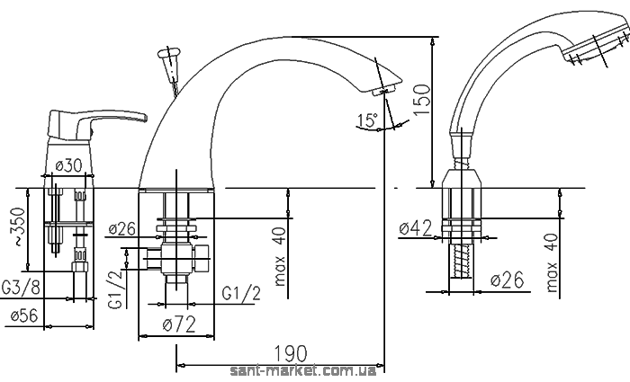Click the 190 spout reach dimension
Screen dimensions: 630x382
[x=290, y=354]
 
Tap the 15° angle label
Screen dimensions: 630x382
[x=367, y=120]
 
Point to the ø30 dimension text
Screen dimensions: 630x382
[x=68, y=165]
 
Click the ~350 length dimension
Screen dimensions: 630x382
[x=17, y=227]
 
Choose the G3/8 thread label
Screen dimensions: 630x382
[x=21, y=288]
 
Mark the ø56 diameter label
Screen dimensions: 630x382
[x=24, y=315]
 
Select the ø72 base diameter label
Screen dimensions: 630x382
[x=179, y=324]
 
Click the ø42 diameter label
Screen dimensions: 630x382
[x=416, y=228]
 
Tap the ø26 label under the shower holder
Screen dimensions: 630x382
[x=508, y=280]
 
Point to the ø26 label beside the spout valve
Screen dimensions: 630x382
[x=122, y=229]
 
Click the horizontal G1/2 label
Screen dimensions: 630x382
[x=241, y=293]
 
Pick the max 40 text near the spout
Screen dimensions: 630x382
[x=280, y=257]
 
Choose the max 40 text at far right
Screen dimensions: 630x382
[x=553, y=262]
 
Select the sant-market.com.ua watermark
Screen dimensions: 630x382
[x=303, y=371]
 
